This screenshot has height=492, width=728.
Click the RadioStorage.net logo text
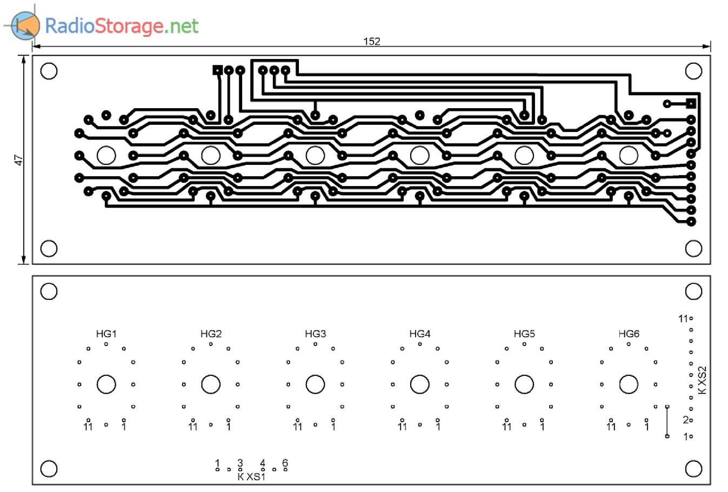(x=122, y=25)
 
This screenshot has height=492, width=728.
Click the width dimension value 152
(x=372, y=41)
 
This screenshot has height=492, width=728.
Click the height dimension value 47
(x=19, y=160)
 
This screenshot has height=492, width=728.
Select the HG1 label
(x=106, y=334)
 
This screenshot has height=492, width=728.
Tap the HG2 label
(x=211, y=334)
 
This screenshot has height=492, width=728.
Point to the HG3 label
(x=315, y=334)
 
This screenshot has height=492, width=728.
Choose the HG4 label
(x=420, y=334)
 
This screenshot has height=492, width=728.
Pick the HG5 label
(x=524, y=334)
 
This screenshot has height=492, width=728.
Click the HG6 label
(x=629, y=334)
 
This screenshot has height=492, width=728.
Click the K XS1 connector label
(x=251, y=477)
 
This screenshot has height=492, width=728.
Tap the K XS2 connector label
(x=703, y=380)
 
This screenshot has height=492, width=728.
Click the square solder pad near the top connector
(x=217, y=70)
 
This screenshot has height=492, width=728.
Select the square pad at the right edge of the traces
(x=691, y=103)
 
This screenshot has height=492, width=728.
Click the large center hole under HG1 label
(x=106, y=384)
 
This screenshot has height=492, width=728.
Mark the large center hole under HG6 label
(x=629, y=384)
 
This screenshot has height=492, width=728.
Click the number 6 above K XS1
(x=285, y=463)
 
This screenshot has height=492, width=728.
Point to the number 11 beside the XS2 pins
(x=683, y=318)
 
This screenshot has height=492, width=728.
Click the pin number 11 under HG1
(x=88, y=427)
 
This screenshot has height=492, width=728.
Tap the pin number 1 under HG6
(x=647, y=427)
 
